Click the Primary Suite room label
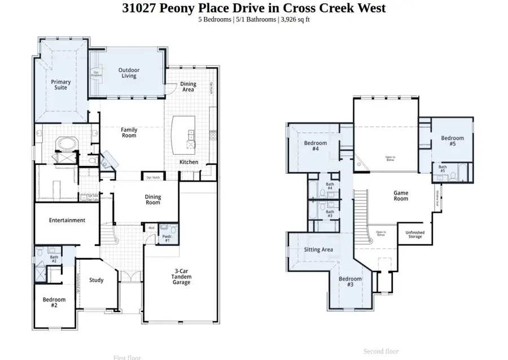click(x=60, y=85)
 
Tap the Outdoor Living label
click(x=129, y=73)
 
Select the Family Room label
click(x=129, y=133)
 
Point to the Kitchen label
click(x=189, y=162)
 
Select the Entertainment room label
click(x=67, y=220)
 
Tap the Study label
click(x=97, y=280)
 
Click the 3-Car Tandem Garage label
click(x=181, y=276)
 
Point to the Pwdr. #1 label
click(x=167, y=239)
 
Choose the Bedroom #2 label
click(x=54, y=302)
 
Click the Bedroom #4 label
click(x=316, y=146)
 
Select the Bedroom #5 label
click(x=452, y=141)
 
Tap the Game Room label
click(x=401, y=196)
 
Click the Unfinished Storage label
click(x=415, y=235)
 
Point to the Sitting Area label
click(x=319, y=249)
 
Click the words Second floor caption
click(x=381, y=351)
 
